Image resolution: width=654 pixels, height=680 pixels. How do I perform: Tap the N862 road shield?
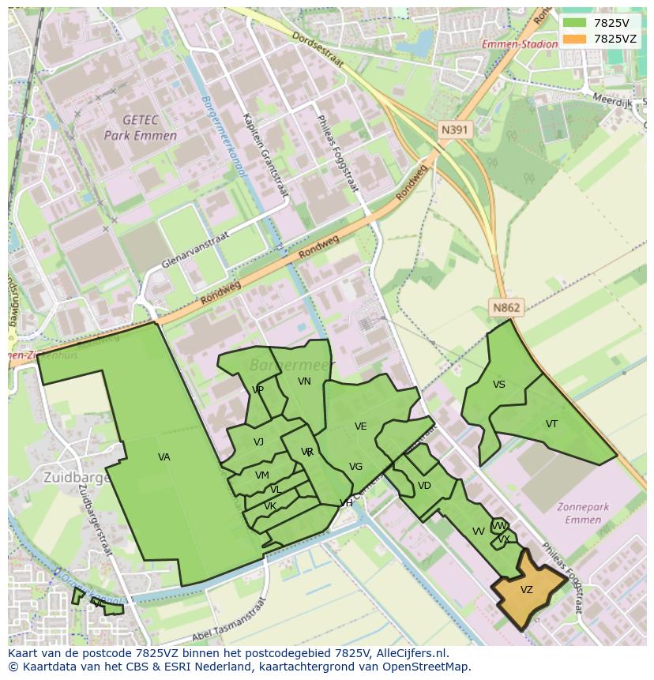506,308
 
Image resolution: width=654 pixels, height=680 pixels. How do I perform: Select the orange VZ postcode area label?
527,590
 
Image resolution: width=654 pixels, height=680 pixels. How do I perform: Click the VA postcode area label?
164,457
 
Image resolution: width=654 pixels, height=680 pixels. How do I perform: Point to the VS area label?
499,385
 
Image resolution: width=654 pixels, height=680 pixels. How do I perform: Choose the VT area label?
551,424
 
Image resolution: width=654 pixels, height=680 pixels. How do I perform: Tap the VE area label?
361,426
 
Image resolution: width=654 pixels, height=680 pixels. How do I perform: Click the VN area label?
304,381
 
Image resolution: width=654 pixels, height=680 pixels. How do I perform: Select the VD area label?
424,486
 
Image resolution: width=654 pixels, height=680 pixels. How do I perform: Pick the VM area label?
262,475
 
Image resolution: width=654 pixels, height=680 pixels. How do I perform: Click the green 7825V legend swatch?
575,23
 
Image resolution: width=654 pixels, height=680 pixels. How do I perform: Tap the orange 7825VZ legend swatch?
575,39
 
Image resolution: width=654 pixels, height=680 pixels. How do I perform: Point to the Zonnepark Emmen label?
584,513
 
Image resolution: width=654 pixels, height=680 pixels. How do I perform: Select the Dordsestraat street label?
318,49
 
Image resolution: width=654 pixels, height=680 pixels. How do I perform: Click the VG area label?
355,467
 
